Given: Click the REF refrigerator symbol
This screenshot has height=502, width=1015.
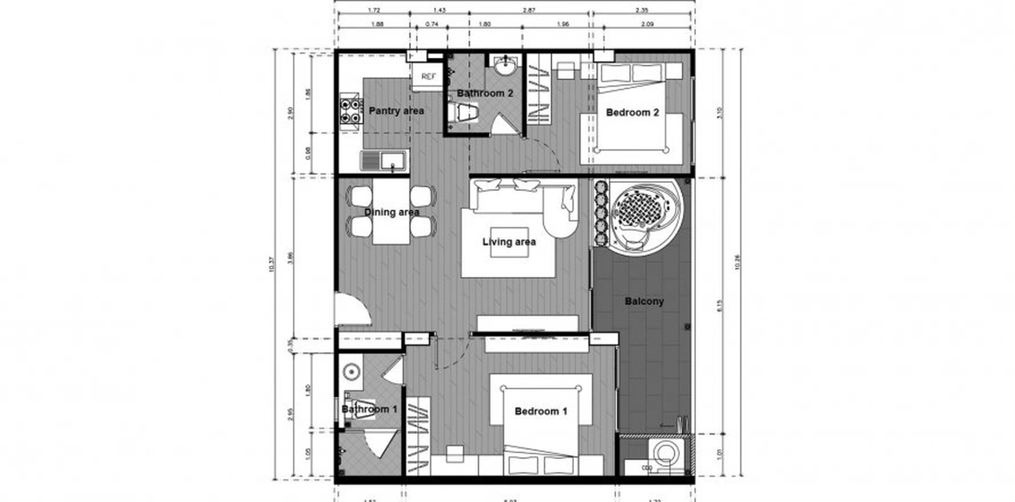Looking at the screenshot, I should pyautogui.click(x=428, y=77).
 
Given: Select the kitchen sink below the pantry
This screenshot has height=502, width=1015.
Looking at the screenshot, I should pyautogui.click(x=384, y=160).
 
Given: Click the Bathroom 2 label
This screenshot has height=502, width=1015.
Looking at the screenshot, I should pyautogui.click(x=485, y=94).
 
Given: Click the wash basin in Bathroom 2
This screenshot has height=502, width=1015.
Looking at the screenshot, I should pyautogui.click(x=506, y=66).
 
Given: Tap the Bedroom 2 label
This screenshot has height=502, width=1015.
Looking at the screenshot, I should pyautogui.click(x=632, y=113).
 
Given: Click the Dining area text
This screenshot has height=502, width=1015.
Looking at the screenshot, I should pyautogui.click(x=391, y=212).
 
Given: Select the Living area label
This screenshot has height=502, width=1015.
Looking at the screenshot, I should pyautogui.click(x=509, y=242).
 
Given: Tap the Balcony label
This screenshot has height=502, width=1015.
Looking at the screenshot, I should pyautogui.click(x=644, y=302).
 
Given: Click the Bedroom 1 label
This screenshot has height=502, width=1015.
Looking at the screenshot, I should pyautogui.click(x=541, y=412).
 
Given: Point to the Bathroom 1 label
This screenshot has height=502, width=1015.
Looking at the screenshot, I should pyautogui.click(x=369, y=409).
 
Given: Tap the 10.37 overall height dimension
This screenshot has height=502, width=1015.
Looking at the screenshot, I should pyautogui.click(x=272, y=264).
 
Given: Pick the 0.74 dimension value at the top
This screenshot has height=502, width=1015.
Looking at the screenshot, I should pyautogui.click(x=432, y=24).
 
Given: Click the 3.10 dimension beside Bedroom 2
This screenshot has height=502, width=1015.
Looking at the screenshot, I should pyautogui.click(x=719, y=112).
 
